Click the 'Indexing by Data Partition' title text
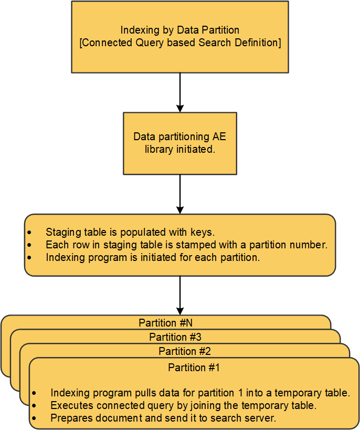tap(180, 30)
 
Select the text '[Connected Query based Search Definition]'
tap(180, 43)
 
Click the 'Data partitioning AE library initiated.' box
tap(180, 143)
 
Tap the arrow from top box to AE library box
tap(180, 92)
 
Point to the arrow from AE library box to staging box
tap(180, 194)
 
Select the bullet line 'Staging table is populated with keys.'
tap(130, 232)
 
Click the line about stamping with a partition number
tap(186, 245)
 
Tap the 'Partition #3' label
tap(175, 337)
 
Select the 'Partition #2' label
tap(185, 351)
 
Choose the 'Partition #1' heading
tap(194, 368)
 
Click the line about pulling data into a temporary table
tap(200, 393)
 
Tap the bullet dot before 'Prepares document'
tap(34, 418)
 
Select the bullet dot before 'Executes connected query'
tap(34, 406)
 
